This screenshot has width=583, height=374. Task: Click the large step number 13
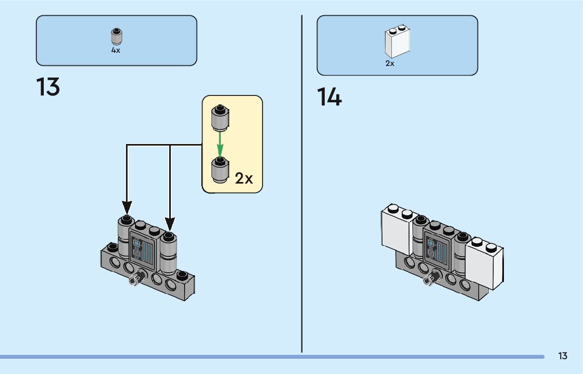tap(48, 87)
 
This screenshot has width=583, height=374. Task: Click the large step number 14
tap(329, 98)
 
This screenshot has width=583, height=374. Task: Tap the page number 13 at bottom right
tap(562, 356)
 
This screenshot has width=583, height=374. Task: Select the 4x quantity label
tap(115, 51)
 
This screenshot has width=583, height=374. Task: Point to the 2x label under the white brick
tap(390, 63)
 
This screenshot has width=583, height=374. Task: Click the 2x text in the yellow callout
tap(244, 178)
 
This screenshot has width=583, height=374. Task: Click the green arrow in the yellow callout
tap(220, 144)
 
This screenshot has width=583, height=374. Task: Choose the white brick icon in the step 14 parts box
tap(397, 42)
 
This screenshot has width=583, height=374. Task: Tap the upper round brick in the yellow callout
tap(220, 118)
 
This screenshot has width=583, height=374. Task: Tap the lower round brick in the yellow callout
tap(219, 170)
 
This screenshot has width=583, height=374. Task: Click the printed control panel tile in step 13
tap(143, 250)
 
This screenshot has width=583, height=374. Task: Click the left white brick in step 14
tap(397, 230)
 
